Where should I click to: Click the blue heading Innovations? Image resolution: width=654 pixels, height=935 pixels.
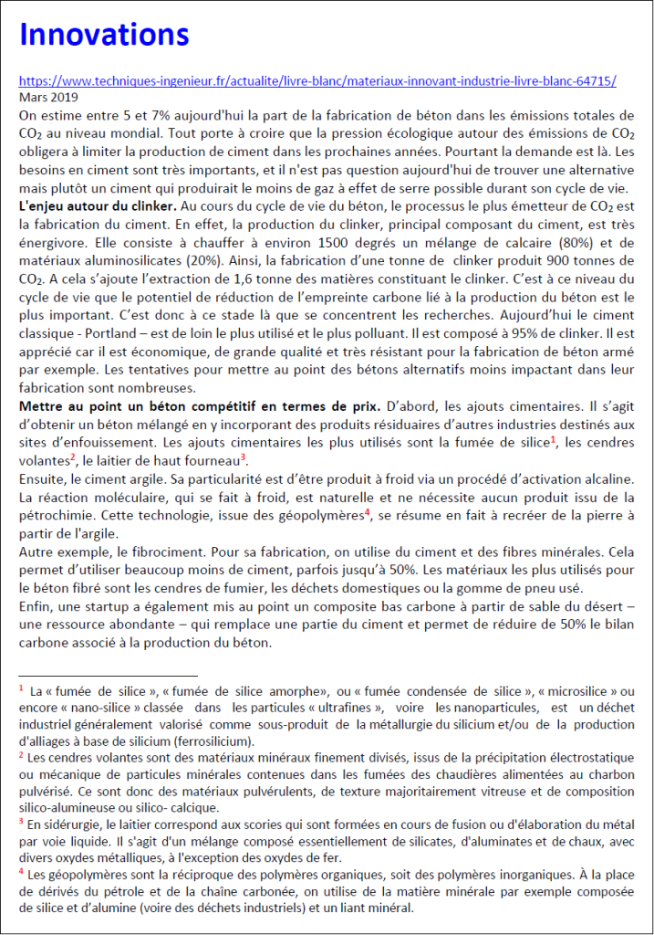[x=103, y=36]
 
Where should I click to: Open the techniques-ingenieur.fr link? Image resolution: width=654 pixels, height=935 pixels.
[x=317, y=80]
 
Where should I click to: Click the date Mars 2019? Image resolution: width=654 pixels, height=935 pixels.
[x=48, y=96]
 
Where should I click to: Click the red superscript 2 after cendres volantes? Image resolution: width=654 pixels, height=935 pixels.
[x=72, y=457]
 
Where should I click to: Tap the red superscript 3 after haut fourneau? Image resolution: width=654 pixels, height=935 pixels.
[x=244, y=457]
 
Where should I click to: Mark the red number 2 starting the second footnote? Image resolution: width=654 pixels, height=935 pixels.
[x=21, y=755]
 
